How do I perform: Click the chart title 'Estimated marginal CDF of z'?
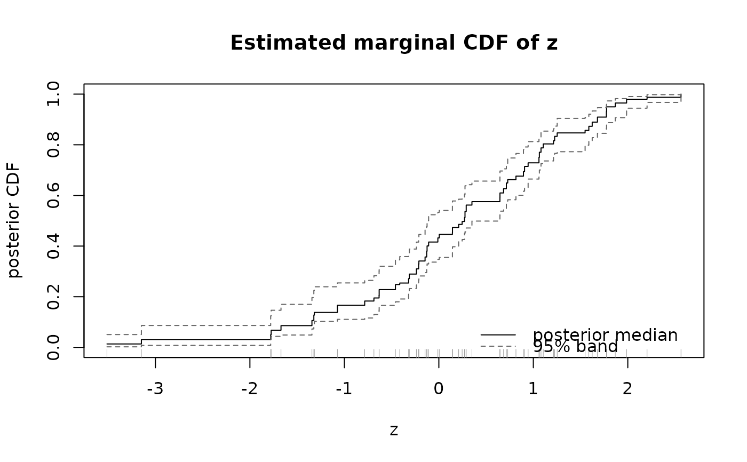tap(394, 43)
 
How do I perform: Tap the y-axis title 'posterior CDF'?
tap(14, 220)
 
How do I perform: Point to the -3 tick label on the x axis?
tap(155, 389)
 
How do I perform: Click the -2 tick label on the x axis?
tap(250, 389)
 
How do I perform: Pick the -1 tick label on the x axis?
tap(344, 389)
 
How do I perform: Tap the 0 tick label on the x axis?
tap(439, 389)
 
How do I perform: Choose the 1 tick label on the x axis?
tap(533, 389)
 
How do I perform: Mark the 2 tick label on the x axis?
tap(627, 389)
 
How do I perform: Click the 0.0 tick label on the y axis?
tap(53, 347)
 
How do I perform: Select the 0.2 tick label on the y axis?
tap(53, 297)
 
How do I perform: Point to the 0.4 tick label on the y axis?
tap(53, 246)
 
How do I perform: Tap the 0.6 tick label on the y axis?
tap(53, 195)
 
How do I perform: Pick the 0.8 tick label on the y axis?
tap(53, 145)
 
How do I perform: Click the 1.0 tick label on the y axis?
tap(53, 94)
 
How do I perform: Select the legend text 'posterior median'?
tap(605, 335)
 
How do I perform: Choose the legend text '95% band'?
tap(575, 346)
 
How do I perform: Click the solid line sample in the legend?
tap(498, 334)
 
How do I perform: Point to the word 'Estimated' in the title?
tap(288, 43)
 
